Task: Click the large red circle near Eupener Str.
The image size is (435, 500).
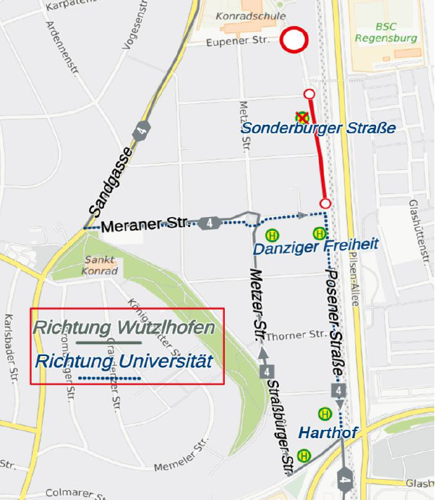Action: [294, 39]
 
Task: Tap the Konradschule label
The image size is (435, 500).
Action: [242, 15]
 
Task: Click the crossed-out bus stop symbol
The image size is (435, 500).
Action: [302, 117]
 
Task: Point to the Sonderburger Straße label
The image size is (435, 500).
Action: [318, 129]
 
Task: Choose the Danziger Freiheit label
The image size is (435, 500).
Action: [316, 246]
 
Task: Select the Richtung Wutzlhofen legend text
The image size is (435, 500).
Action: [124, 328]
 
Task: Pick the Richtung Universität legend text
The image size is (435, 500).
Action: [124, 362]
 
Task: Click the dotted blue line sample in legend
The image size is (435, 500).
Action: [109, 379]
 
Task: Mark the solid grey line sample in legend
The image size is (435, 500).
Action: [109, 343]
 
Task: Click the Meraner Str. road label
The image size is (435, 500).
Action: [144, 226]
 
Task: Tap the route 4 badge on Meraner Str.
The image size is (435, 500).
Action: [209, 223]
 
